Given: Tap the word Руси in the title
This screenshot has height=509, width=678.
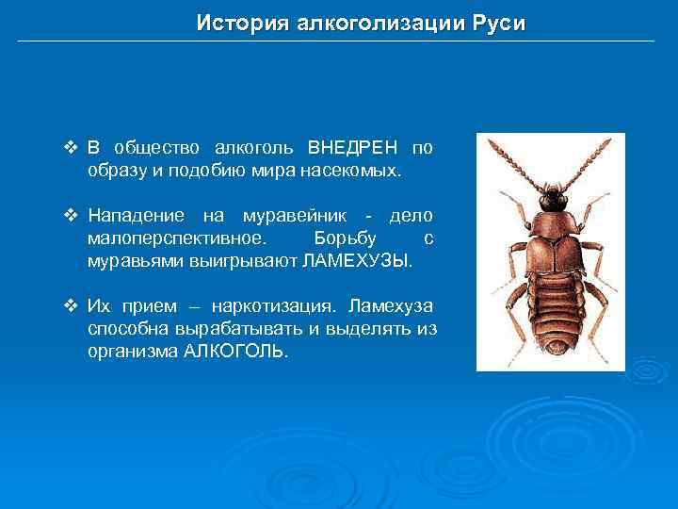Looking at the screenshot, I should pyautogui.click(x=497, y=23).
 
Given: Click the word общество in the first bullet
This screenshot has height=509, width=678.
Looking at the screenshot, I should pyautogui.click(x=157, y=148).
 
